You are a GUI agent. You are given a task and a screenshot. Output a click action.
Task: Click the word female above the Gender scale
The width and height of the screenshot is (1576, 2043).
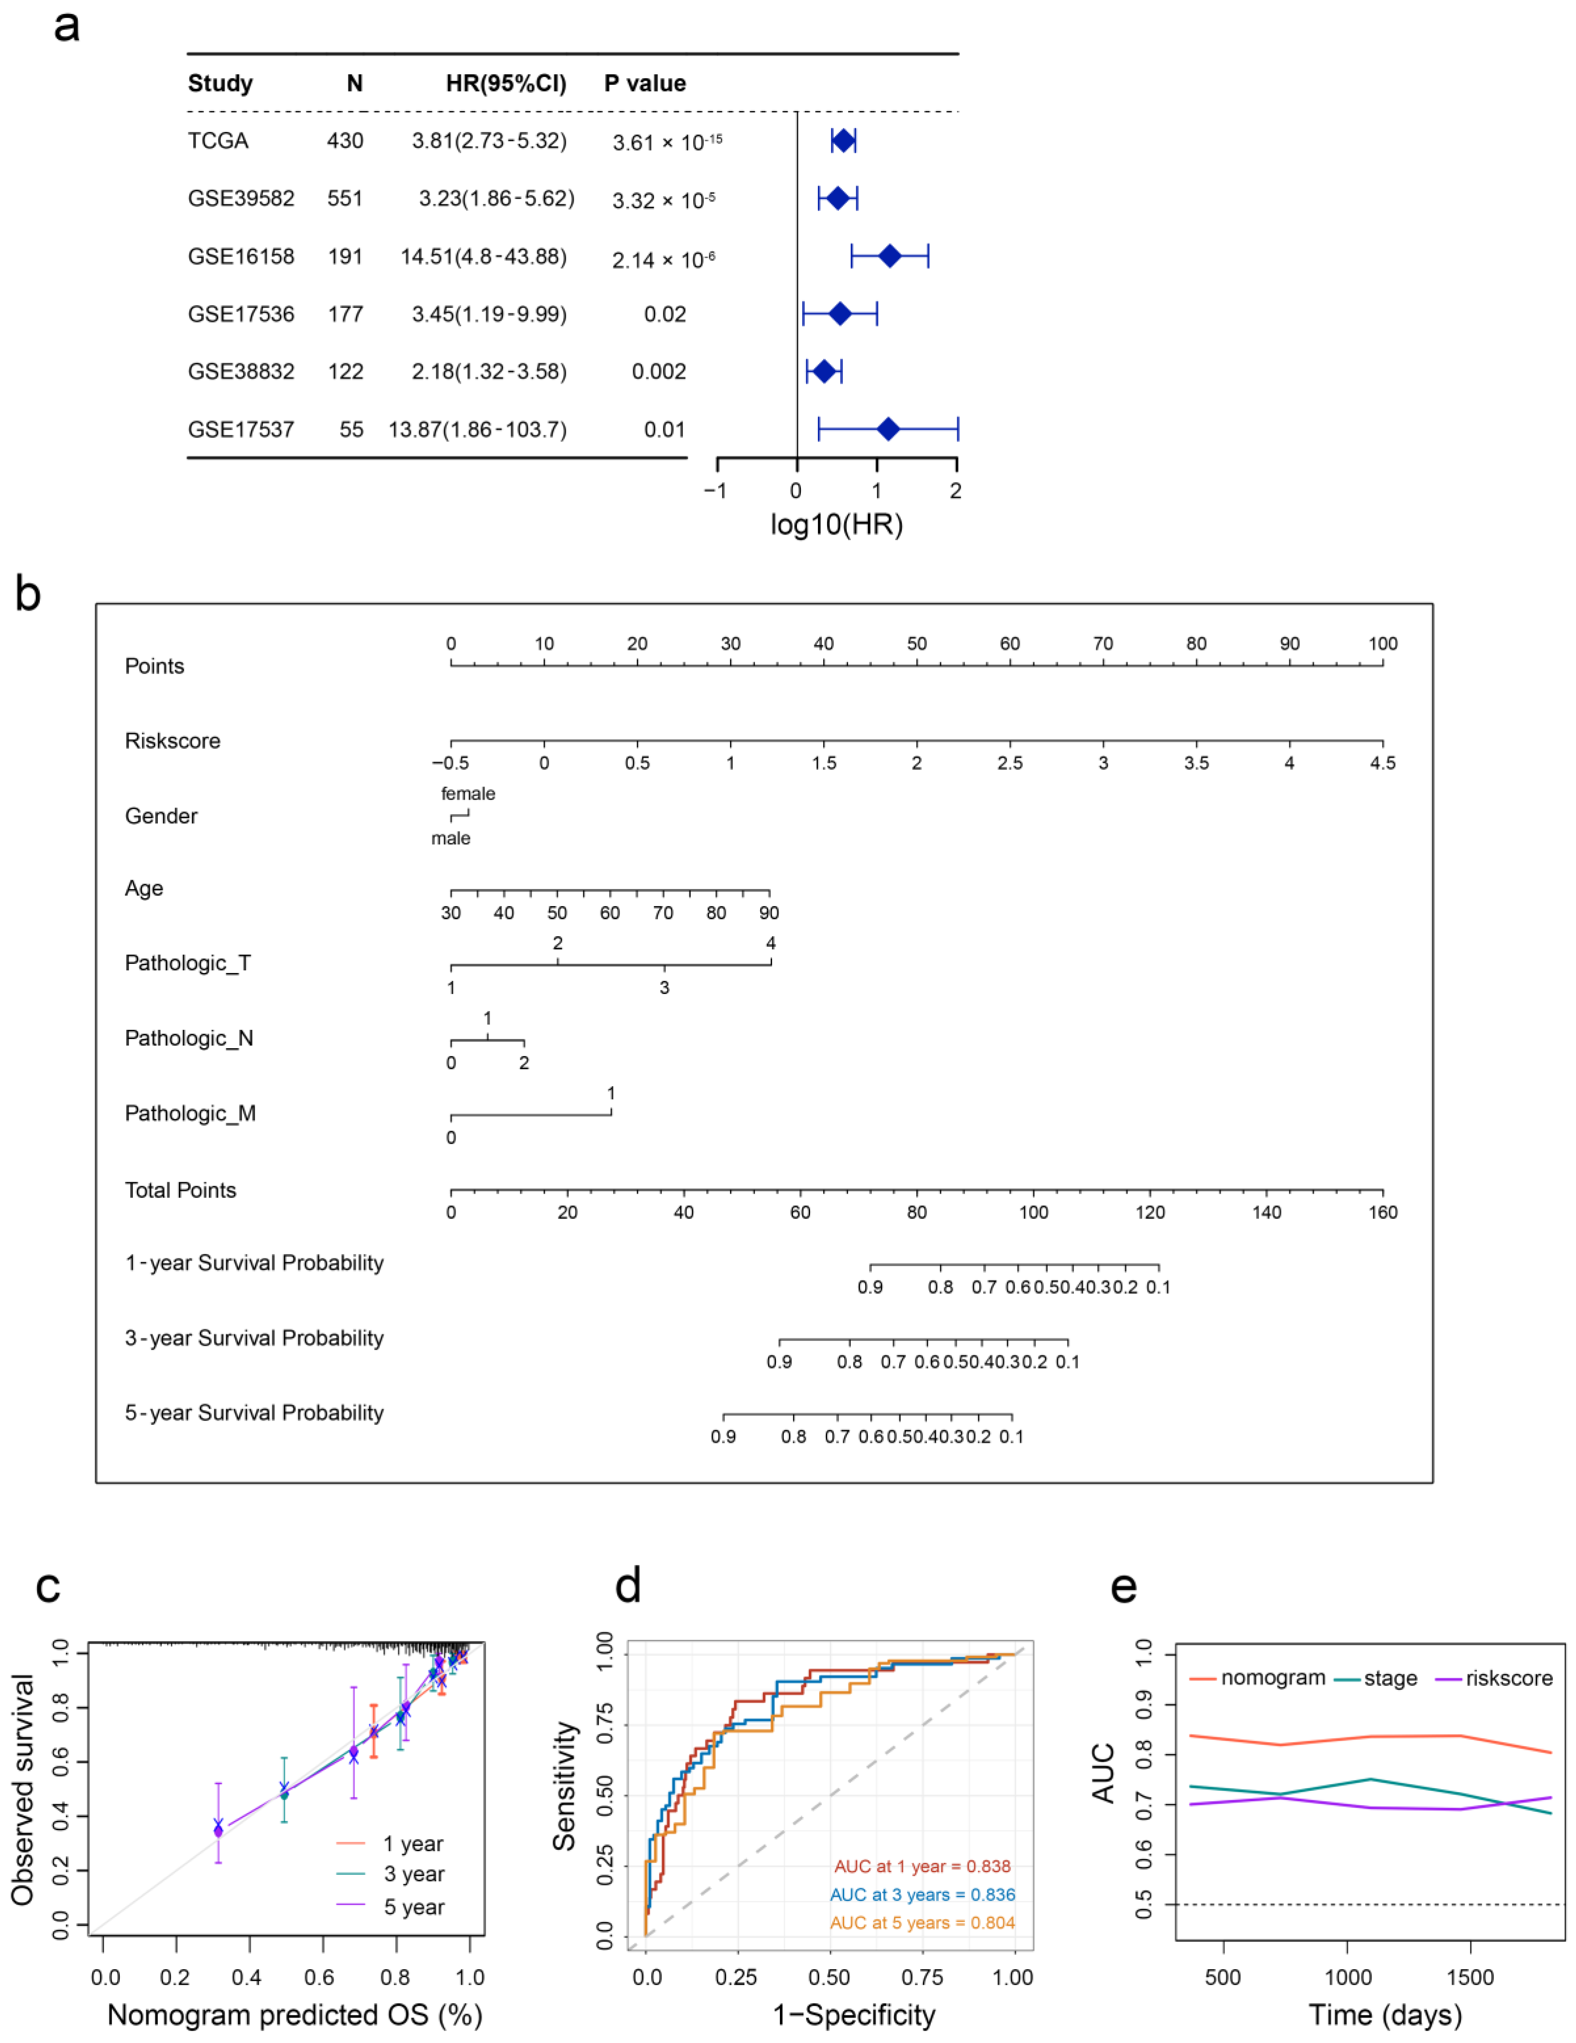(468, 793)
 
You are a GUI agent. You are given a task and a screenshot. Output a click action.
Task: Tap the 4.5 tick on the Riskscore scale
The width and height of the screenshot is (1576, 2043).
(1382, 762)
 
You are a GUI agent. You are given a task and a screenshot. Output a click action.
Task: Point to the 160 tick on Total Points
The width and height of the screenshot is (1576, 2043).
(1382, 1213)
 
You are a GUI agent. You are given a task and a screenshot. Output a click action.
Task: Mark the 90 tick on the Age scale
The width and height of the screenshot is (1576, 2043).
(769, 912)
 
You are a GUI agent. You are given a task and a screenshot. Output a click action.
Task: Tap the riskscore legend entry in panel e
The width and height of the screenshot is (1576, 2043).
(1509, 1678)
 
